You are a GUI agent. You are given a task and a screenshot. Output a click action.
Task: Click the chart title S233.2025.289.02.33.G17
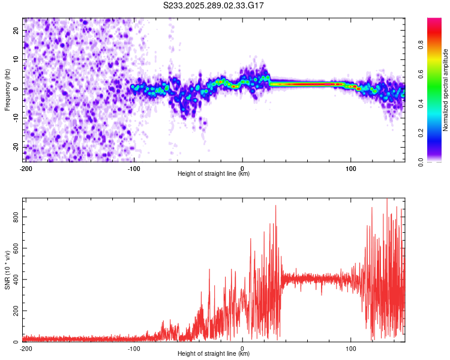[214, 5]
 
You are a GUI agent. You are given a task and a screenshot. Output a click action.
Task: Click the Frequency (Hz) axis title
[7, 89]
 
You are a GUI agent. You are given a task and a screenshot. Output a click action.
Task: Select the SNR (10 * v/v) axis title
[7, 269]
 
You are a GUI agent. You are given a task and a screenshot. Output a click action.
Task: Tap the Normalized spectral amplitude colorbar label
[446, 90]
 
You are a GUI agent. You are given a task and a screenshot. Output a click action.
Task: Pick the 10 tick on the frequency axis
[16, 59]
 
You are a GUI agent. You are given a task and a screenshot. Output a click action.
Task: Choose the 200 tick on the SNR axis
[16, 311]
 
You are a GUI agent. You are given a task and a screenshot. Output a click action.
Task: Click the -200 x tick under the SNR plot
[26, 348]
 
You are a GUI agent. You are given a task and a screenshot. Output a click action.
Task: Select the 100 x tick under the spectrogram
[350, 169]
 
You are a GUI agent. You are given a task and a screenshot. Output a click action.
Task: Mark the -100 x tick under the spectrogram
[134, 169]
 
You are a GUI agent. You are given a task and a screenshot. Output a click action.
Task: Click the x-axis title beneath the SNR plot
[214, 354]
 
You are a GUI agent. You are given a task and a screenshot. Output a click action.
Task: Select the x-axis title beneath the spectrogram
[214, 174]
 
